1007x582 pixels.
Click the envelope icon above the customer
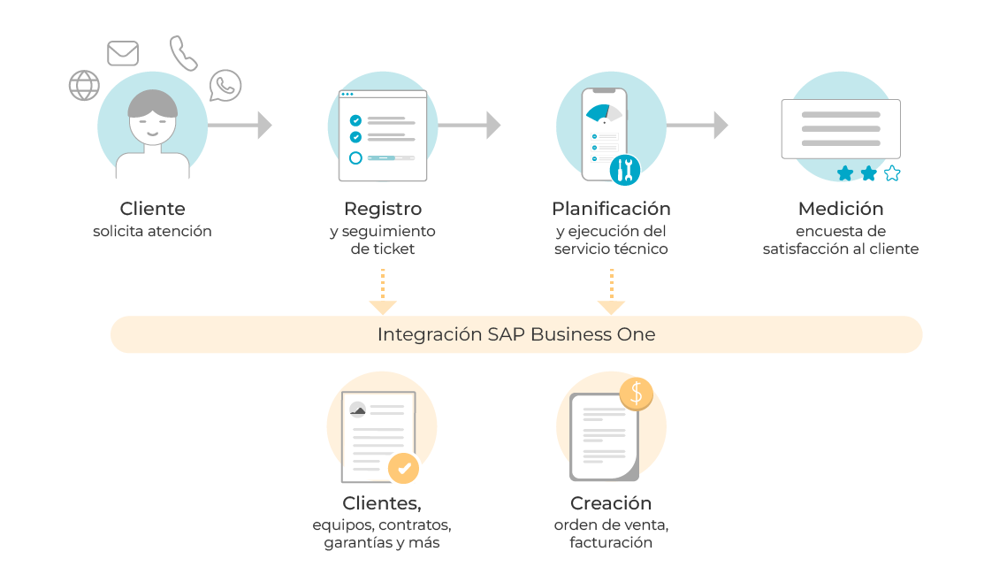click(x=123, y=53)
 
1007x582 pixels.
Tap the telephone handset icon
click(x=184, y=53)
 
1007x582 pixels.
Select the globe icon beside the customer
click(x=84, y=86)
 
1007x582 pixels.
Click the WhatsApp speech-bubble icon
click(x=225, y=86)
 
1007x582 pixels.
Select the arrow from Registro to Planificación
click(x=469, y=125)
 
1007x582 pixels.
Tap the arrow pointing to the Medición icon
click(x=698, y=125)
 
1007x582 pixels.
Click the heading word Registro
click(x=382, y=210)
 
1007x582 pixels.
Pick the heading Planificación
click(x=611, y=210)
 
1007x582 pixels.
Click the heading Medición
click(x=840, y=210)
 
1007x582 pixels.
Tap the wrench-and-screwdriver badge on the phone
click(x=625, y=168)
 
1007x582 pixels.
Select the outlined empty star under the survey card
click(x=892, y=173)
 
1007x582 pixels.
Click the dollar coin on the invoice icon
click(x=636, y=394)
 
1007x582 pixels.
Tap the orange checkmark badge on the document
click(x=404, y=468)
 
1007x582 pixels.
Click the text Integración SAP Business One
click(x=516, y=335)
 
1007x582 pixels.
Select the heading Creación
click(x=611, y=503)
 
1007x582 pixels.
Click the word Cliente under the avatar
click(x=153, y=210)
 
